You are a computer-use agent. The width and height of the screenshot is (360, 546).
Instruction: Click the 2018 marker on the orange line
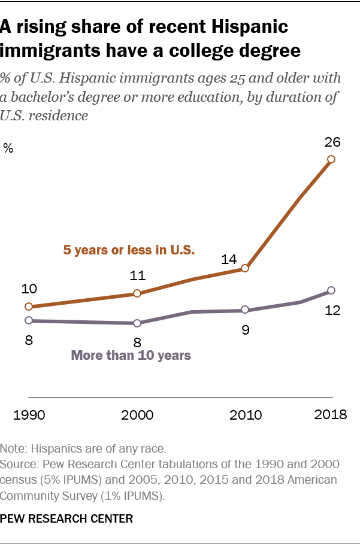[331, 159]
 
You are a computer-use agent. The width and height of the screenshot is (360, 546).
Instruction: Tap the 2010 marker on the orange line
[244, 269]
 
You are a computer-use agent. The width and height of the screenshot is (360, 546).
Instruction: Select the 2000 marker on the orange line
[137, 293]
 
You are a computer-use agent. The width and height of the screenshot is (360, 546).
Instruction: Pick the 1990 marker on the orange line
[28, 307]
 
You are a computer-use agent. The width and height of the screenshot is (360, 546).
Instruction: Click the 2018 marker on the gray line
[331, 292]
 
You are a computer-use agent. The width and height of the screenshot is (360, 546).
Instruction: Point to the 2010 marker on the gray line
[244, 310]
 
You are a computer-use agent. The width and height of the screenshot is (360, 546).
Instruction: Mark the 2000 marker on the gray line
[137, 323]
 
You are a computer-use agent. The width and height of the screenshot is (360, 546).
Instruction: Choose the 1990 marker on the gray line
[28, 321]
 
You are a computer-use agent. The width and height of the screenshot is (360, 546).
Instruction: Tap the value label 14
[244, 260]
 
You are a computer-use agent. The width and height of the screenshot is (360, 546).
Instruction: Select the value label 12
[331, 311]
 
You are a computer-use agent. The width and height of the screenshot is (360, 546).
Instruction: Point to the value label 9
[244, 330]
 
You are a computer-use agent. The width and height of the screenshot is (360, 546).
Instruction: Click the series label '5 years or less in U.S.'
[129, 250]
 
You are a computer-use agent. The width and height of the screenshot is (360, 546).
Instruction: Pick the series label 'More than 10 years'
[131, 355]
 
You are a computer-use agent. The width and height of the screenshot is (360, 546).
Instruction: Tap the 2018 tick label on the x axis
[331, 414]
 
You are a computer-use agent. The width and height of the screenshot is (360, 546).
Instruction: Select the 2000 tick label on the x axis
[137, 415]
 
